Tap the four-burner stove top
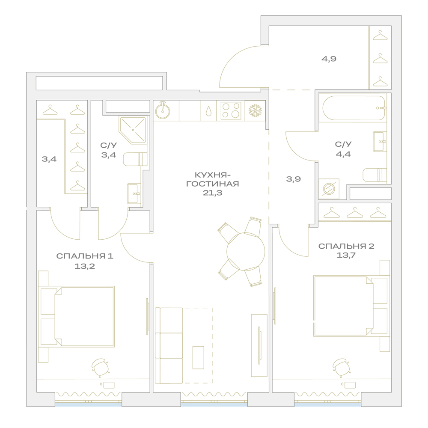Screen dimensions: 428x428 [x=231, y=110]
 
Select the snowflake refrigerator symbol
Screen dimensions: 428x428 [x=255, y=110]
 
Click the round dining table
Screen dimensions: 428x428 [x=246, y=251]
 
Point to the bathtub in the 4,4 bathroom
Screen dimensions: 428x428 [x=354, y=108]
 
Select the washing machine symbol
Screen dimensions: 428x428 [x=329, y=189]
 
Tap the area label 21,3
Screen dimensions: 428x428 [x=212, y=193]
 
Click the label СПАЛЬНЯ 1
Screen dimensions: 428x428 [x=85, y=256]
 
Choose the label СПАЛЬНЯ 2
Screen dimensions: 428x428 [x=346, y=246]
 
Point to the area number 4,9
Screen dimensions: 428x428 [x=329, y=59]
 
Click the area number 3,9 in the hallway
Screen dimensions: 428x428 [x=294, y=179]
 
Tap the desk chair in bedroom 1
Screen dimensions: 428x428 [x=101, y=367]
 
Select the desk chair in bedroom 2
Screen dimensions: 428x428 [x=342, y=367]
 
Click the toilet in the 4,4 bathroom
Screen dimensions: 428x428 [x=375, y=175]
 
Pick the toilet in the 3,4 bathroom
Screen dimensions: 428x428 [x=135, y=159]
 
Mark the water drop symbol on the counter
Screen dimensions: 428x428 [x=208, y=111]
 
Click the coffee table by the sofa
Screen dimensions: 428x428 [x=198, y=357]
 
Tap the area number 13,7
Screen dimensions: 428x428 [x=346, y=256]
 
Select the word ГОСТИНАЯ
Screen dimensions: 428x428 [x=212, y=184]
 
